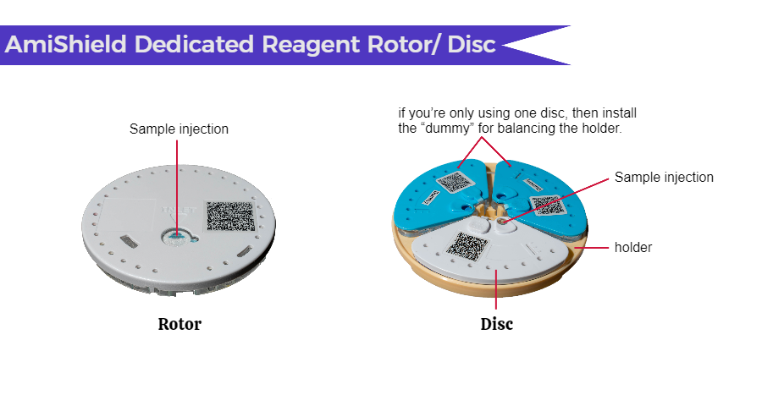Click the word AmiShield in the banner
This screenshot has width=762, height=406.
coord(66,44)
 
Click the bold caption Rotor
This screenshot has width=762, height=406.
coord(179,324)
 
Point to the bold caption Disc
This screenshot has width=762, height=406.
coord(496,324)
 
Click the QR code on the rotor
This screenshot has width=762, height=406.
coord(230,217)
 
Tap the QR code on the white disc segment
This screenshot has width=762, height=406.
coord(467,245)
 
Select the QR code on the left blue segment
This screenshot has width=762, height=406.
coord(455,182)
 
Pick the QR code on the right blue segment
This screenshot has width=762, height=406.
coord(547,205)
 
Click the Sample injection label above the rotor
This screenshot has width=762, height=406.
coord(179,129)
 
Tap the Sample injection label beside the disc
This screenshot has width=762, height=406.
coord(664,178)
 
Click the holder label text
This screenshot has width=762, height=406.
coord(633,247)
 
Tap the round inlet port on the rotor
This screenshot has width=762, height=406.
coord(176,236)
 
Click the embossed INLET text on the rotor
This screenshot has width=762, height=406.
coord(179,211)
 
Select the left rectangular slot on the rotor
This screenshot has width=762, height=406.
coord(127,240)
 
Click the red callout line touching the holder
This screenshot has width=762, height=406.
coord(592,248)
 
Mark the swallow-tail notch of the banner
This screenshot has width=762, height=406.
coord(502,45)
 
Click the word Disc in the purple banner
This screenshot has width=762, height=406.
coord(472,44)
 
